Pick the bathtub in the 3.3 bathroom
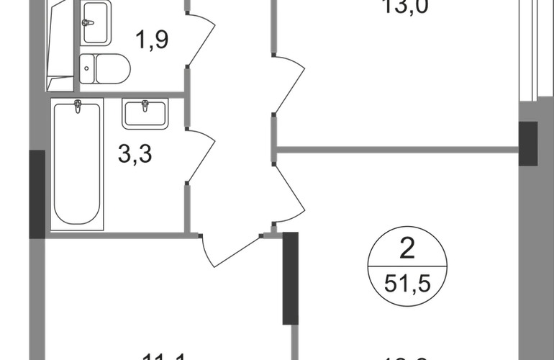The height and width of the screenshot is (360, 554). pyautogui.click(x=77, y=164)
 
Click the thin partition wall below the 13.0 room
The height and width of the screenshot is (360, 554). pyautogui.click(x=396, y=149)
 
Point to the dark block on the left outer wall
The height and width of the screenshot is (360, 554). pyautogui.click(x=35, y=194)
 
